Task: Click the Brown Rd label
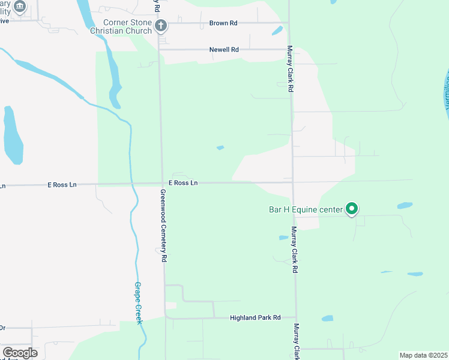223,23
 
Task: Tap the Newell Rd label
224,50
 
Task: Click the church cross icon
160,25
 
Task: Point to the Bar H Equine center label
305,209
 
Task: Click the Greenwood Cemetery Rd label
163,226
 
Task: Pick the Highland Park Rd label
255,317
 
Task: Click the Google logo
20,353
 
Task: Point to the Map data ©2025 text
423,355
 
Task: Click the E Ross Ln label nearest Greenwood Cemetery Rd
183,182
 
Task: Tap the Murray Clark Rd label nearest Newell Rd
290,68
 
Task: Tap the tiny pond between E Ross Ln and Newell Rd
220,147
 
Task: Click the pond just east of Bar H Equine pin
405,205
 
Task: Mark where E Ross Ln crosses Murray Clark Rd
293,182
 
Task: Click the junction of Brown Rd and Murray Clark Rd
289,23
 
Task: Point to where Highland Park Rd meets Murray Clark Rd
295,317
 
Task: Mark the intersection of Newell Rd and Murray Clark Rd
289,50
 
